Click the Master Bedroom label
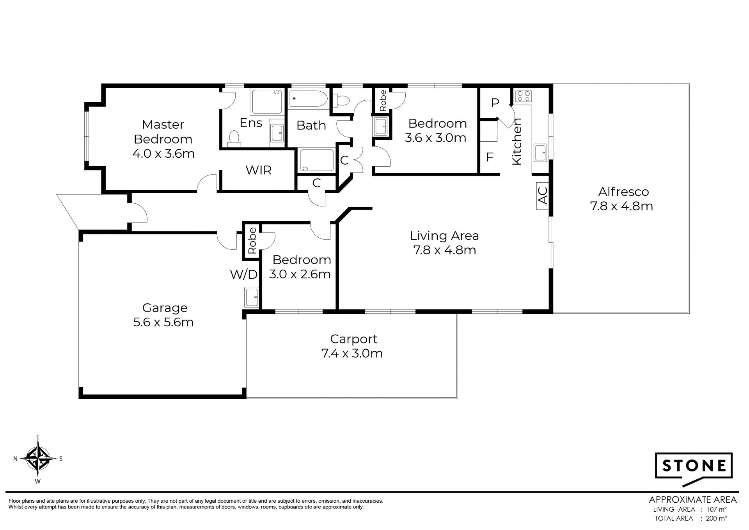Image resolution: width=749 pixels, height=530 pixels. tap(163, 139)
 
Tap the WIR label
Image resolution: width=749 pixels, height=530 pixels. tap(258, 170)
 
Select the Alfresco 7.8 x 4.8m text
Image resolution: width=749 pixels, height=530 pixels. tap(621, 199)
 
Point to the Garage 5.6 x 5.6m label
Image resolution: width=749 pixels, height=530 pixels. tap(164, 315)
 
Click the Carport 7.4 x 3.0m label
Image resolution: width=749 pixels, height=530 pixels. tap(352, 346)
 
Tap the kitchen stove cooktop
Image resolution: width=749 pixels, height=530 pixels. tap(523, 96)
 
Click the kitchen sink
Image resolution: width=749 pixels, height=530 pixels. tap(541, 152)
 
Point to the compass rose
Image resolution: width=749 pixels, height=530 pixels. tap(38, 459)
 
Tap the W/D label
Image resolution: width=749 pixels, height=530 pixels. tap(244, 274)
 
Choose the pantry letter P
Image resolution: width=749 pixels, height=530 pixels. tap(495, 103)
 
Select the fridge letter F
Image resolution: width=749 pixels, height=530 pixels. tap(490, 157)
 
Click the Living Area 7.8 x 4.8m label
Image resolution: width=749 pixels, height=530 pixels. tap(444, 243)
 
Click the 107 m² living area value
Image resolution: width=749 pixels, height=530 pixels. tap(716, 509)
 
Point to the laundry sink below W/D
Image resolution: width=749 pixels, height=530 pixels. tap(251, 297)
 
